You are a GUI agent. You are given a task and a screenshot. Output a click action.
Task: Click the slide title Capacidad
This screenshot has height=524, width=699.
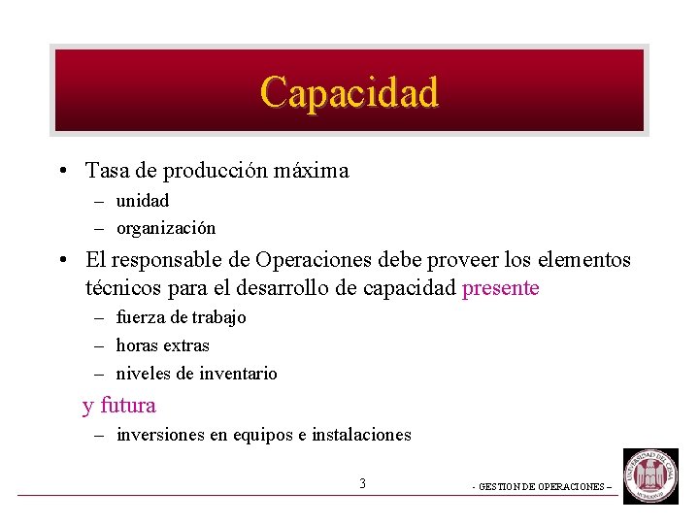pyautogui.click(x=349, y=92)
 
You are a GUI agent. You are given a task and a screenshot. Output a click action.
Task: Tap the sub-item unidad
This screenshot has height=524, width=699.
pyautogui.click(x=142, y=201)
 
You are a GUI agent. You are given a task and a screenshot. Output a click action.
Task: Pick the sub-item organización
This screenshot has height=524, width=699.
pyautogui.click(x=166, y=229)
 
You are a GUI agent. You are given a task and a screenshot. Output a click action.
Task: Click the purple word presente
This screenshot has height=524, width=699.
pyautogui.click(x=501, y=288)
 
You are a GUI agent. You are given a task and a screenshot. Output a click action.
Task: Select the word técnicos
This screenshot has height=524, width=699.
pyautogui.click(x=121, y=288)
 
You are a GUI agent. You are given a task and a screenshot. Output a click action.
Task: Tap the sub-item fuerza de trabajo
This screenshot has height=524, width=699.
pyautogui.click(x=181, y=317)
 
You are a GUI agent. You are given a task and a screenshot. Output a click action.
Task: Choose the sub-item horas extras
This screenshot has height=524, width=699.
pyautogui.click(x=162, y=345)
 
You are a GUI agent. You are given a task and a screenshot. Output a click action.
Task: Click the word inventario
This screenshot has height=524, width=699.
pyautogui.click(x=238, y=374)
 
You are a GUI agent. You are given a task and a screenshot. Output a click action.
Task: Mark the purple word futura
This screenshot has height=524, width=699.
pyautogui.click(x=128, y=406)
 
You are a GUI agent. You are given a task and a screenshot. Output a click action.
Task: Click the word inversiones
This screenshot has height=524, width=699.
pyautogui.click(x=160, y=436)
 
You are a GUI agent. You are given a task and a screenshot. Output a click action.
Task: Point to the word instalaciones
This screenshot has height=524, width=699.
pyautogui.click(x=362, y=436)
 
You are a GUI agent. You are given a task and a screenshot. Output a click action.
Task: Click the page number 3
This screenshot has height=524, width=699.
pyautogui.click(x=362, y=483)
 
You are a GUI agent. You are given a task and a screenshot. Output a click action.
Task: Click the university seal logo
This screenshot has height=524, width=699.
pyautogui.click(x=650, y=475)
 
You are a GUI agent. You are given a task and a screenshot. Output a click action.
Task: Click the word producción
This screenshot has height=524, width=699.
pyautogui.click(x=216, y=172)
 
